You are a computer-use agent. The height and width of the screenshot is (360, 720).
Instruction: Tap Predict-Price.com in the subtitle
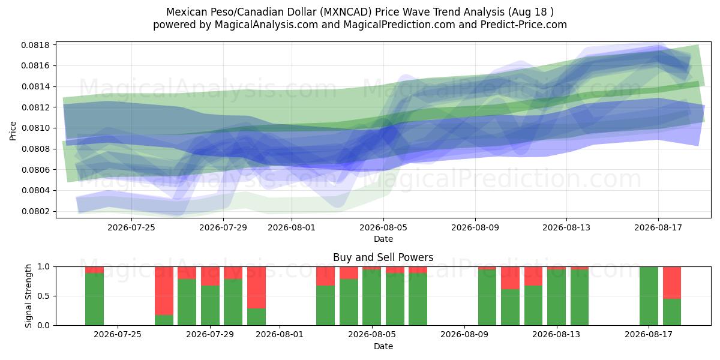[524, 25]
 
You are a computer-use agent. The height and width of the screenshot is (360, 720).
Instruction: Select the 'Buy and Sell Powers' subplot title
[383, 257]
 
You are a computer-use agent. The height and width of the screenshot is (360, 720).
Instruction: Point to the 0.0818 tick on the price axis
[35, 45]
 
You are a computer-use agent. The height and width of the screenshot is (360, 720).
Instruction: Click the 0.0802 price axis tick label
[35, 211]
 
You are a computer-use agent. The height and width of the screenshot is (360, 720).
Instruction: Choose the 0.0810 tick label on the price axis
[35, 128]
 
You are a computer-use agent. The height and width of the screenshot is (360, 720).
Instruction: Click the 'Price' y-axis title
[13, 131]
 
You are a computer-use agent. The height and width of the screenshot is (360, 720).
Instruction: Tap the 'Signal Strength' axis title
[28, 296]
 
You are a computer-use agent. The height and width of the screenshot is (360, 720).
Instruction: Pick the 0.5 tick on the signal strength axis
[44, 296]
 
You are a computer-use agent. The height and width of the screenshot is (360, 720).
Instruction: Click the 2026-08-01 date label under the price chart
[292, 227]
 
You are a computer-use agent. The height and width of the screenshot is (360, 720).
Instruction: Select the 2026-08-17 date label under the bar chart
[649, 335]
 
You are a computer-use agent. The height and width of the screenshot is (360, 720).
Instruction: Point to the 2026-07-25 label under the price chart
[131, 227]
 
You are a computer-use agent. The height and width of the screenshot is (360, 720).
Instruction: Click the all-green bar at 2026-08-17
[649, 296]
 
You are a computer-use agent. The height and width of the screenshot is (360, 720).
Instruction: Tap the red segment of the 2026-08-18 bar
[672, 283]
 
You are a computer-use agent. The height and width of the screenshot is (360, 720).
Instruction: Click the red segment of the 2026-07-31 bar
[257, 287]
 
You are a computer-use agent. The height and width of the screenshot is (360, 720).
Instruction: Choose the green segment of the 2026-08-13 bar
[556, 298]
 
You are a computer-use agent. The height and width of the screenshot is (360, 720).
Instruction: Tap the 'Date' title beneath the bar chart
[383, 346]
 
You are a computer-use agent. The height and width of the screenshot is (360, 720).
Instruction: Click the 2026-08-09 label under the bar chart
[464, 335]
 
